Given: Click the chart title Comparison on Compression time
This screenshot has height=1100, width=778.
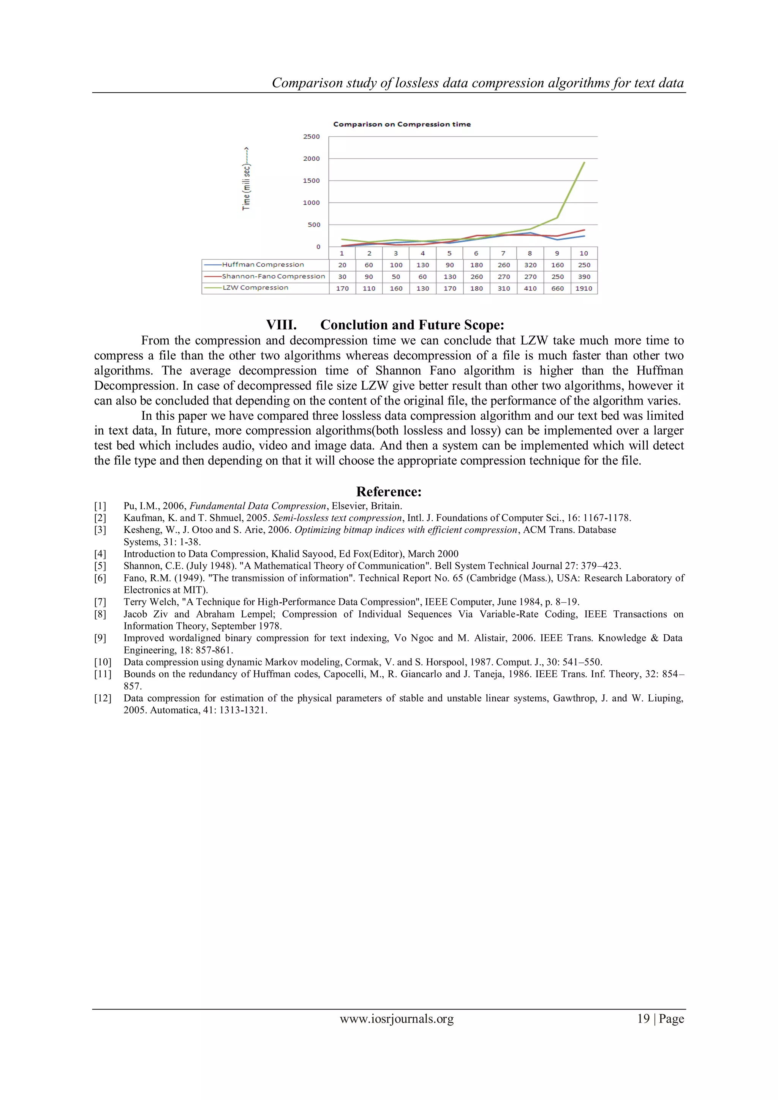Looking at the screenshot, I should [x=402, y=124].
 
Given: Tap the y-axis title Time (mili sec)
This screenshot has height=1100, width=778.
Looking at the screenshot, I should [x=246, y=179].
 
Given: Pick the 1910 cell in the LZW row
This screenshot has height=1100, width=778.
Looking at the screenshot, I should [x=583, y=288].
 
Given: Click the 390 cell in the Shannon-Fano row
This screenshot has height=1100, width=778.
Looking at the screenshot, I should [x=584, y=277].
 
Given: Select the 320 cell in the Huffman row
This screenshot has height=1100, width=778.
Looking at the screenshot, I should [x=530, y=265].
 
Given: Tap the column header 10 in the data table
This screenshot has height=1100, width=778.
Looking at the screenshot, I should [x=583, y=253].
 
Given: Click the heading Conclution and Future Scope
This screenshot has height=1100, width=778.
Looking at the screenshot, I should [x=412, y=325].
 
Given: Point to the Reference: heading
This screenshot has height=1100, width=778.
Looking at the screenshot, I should [x=389, y=492].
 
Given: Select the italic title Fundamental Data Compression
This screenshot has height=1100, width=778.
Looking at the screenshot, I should [x=258, y=506].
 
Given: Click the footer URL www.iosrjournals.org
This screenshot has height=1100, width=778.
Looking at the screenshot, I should [x=396, y=1019].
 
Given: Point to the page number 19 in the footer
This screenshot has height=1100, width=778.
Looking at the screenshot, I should [x=643, y=1019].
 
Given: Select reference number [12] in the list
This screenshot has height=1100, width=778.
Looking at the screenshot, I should [x=102, y=698].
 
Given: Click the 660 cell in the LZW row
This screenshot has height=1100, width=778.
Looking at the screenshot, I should [x=557, y=288].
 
